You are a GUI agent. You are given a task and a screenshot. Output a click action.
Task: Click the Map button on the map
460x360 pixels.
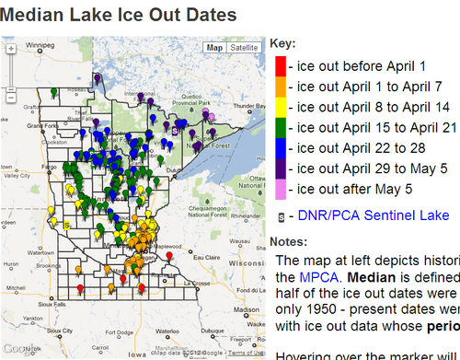(x=214, y=47)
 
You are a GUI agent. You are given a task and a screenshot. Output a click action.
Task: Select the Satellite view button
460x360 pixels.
(x=243, y=47)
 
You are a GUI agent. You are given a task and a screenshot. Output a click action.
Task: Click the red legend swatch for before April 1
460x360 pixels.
(x=280, y=65)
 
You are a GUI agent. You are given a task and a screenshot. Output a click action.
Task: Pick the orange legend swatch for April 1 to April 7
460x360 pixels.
(x=280, y=87)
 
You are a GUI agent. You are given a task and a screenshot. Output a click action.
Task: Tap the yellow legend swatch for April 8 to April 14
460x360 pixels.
(x=280, y=107)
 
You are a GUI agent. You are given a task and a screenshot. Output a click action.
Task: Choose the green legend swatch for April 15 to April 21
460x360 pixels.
(x=280, y=127)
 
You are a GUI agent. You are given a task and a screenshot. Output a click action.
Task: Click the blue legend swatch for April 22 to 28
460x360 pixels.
(x=280, y=147)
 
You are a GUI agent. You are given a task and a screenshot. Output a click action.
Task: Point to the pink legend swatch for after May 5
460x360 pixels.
(x=280, y=189)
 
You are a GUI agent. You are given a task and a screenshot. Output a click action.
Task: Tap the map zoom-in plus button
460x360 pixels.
(x=9, y=52)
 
